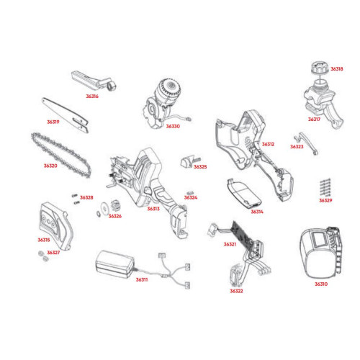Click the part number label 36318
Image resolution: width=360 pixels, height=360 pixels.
[337, 69]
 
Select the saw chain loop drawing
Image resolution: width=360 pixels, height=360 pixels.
[61, 156]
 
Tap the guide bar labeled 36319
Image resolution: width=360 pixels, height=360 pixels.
[66, 115]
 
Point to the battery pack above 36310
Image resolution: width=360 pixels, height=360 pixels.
[320, 253]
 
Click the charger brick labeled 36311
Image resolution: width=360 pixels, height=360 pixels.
[114, 264]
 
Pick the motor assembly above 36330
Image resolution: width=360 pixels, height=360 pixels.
[163, 102]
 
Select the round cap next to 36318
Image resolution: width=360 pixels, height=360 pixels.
[320, 68]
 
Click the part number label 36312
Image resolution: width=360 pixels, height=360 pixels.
[268, 144]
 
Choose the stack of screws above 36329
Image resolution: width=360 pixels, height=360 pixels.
[325, 187]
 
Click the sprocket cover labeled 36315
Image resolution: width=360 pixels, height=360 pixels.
[56, 225]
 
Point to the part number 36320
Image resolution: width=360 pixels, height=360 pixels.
[50, 166]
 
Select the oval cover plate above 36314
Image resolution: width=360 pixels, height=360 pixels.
[244, 193]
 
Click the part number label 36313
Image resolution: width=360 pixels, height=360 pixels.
[153, 209]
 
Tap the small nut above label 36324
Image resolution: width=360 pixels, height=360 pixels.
[191, 192]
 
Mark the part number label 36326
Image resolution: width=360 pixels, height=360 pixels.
[115, 216]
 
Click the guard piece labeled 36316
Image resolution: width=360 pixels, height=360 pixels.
[94, 81]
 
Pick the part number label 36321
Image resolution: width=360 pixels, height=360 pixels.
[230, 244]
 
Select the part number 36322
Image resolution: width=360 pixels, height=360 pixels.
[236, 291]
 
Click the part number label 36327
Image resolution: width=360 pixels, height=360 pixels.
[53, 253]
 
